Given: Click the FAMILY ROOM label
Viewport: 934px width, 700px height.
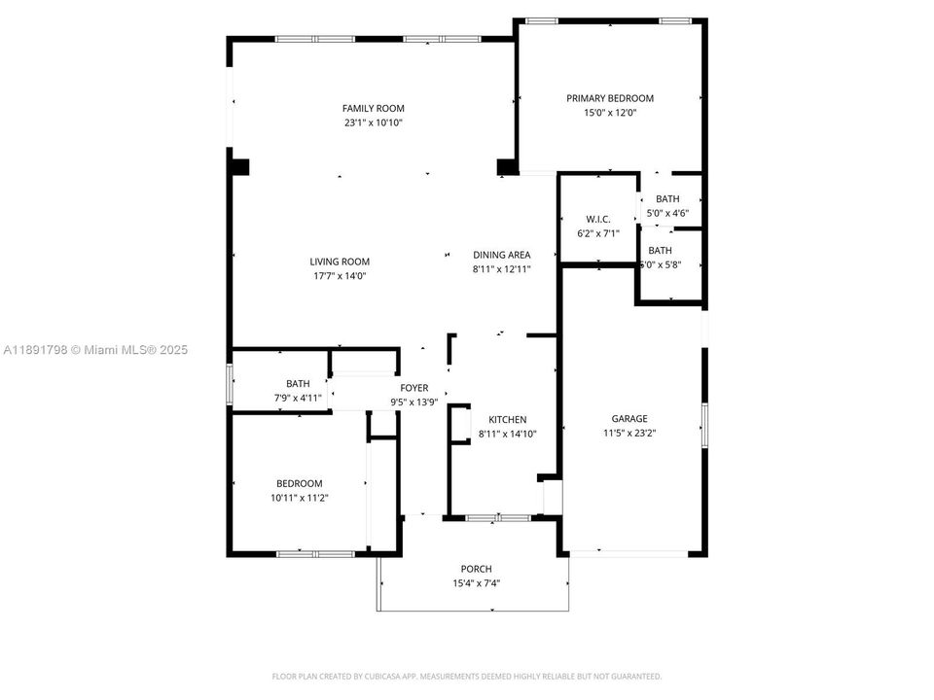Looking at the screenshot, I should click(x=373, y=108).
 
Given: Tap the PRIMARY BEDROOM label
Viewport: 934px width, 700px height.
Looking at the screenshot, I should click(x=610, y=98).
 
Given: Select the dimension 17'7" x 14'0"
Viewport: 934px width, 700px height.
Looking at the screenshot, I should click(x=340, y=276).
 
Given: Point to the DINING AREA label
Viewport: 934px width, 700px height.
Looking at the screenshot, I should click(x=502, y=255).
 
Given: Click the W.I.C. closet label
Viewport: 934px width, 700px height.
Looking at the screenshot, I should click(x=596, y=218).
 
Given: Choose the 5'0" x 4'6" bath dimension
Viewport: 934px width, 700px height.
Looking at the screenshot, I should click(x=667, y=213).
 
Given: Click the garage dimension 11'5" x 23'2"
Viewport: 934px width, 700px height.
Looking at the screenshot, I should click(x=629, y=435).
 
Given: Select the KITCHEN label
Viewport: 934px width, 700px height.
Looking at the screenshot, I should click(x=507, y=419).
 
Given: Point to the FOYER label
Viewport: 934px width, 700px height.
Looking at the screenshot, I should click(x=414, y=388).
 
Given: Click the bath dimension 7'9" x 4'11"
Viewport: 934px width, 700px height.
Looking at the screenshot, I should click(x=298, y=399).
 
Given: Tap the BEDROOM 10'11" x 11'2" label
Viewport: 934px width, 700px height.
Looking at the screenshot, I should click(x=299, y=483).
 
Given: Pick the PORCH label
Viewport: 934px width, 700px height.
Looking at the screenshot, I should click(x=476, y=569).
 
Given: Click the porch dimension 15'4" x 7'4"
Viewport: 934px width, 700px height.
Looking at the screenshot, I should click(x=476, y=584).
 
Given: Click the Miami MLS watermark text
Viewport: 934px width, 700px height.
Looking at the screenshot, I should click(x=95, y=350).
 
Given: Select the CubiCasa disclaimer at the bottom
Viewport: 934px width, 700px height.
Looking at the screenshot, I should click(x=466, y=676).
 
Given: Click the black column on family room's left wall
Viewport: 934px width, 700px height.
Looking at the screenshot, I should click(x=239, y=165).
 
